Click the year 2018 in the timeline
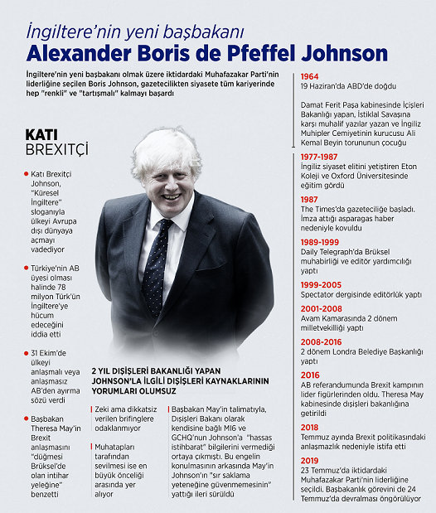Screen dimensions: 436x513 (x=312, y=428)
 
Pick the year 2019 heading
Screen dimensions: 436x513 (x=312, y=461)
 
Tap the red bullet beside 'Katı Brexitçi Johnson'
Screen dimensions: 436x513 (x=26, y=173)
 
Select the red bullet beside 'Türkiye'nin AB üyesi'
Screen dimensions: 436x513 (x=26, y=269)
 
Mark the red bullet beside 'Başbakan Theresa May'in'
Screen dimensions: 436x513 (x=26, y=419)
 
